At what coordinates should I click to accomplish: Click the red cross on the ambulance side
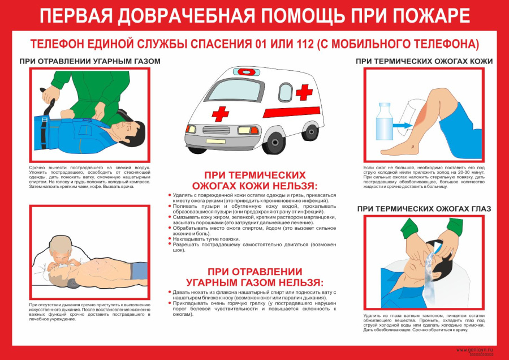(304, 92)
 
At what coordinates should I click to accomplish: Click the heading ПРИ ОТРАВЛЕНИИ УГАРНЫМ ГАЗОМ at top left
(90, 61)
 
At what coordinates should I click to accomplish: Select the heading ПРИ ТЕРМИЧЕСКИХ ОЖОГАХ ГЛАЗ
(424, 209)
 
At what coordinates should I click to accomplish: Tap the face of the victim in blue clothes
(131, 132)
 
